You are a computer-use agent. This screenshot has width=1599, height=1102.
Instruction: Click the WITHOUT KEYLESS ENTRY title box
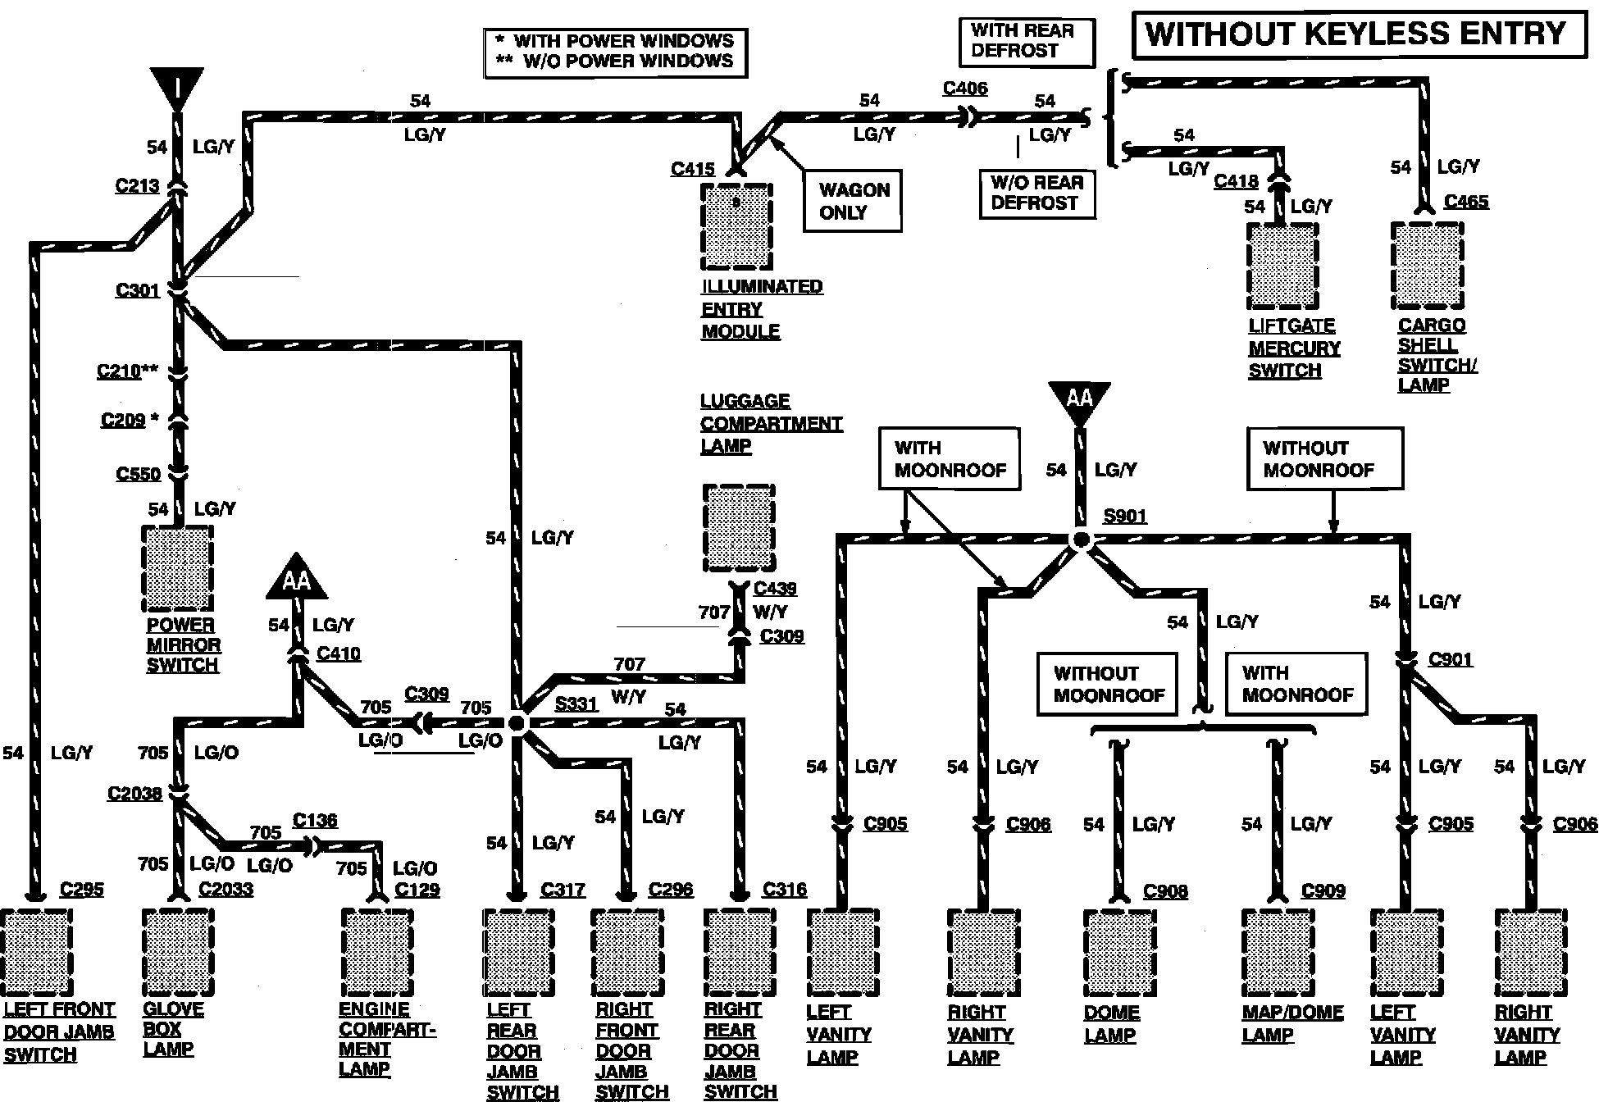1359,35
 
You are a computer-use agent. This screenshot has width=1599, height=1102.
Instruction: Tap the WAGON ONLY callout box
852,201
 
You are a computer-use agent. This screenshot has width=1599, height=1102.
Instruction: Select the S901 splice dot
1081,540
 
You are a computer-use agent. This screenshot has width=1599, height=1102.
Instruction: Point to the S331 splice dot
517,723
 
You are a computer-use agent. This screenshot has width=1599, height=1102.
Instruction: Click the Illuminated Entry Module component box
736,227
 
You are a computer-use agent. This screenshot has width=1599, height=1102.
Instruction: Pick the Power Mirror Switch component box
178,569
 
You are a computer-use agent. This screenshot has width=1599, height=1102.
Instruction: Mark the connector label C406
965,89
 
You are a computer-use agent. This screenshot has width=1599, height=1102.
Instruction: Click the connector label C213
137,185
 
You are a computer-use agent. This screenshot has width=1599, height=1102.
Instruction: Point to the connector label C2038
134,794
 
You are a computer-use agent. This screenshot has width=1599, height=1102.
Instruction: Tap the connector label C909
1323,890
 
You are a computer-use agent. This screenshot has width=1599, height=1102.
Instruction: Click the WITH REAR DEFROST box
1026,41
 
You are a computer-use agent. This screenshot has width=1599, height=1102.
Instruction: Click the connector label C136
315,821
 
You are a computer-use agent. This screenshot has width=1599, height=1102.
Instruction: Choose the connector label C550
138,474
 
